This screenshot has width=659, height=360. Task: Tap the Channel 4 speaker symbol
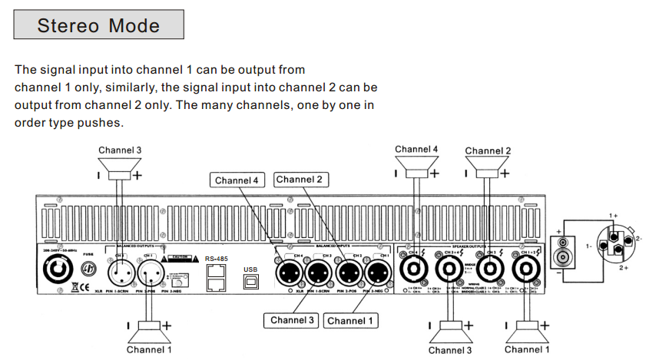tap(416, 163)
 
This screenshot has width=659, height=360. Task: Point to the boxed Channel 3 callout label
tap(291, 320)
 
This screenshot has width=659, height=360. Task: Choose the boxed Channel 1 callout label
tap(351, 320)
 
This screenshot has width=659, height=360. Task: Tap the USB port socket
tap(251, 282)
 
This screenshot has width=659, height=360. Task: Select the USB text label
tap(251, 269)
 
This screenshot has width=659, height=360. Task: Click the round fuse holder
tap(88, 270)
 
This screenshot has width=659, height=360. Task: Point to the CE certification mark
tap(74, 286)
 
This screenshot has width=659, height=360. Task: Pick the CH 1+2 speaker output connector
tap(526, 270)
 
